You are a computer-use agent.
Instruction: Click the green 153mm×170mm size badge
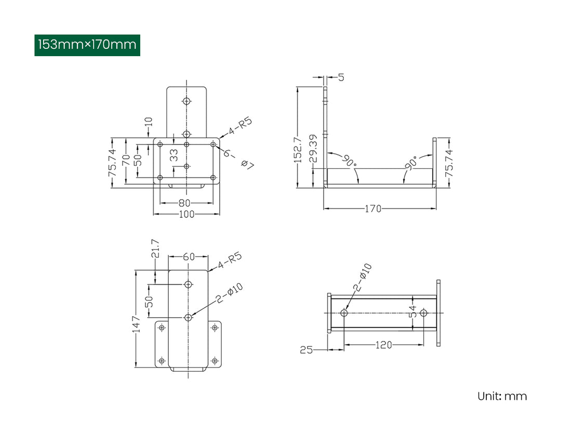click(87, 45)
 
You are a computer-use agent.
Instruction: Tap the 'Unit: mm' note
click(502, 396)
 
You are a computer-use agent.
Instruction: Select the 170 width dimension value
click(373, 208)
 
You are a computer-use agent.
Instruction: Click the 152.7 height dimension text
click(298, 150)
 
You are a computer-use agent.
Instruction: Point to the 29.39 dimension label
click(313, 149)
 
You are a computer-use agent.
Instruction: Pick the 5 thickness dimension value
click(341, 77)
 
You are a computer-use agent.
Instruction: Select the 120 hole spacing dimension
click(384, 345)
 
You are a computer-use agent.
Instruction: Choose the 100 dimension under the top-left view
click(186, 214)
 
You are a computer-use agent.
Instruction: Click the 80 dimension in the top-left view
click(185, 203)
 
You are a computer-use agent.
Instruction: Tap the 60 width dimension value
click(189, 256)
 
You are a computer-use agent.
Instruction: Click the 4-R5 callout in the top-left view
click(239, 126)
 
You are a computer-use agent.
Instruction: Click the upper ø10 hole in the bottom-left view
click(189, 284)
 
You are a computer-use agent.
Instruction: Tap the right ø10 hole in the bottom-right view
click(423, 313)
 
